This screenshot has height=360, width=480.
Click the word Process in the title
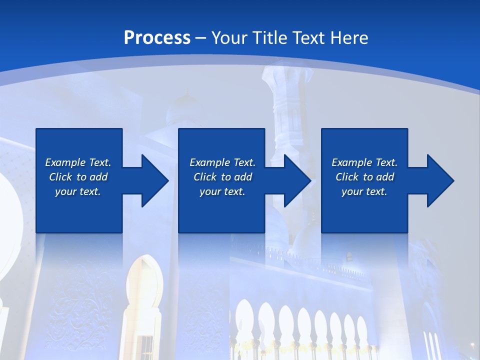157,37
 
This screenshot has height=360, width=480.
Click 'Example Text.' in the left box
78,162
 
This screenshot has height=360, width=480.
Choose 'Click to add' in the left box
78,177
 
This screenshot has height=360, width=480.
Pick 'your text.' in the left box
78,191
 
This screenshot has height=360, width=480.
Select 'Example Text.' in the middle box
222,162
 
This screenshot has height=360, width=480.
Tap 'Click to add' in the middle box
222,177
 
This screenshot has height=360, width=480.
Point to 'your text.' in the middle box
222,191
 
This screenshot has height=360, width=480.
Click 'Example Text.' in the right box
364,162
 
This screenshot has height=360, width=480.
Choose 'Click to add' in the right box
364,177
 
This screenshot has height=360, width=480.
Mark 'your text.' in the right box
364,191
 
